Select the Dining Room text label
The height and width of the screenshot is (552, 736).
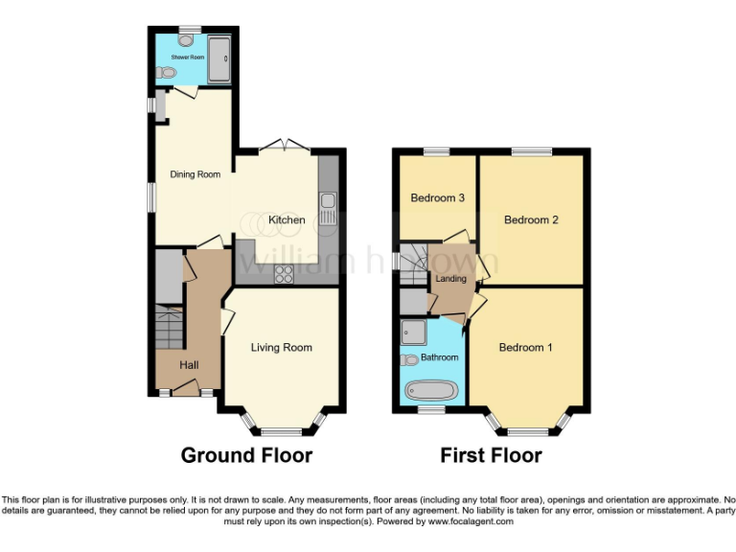click(x=195, y=174)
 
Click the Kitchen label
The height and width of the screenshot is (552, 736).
click(x=287, y=220)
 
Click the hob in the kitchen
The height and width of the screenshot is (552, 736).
click(x=285, y=274)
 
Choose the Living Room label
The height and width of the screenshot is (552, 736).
click(x=282, y=348)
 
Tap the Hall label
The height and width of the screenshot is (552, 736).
click(x=190, y=365)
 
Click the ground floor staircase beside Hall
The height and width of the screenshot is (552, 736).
click(x=169, y=329)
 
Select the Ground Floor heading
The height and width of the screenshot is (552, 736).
click(x=246, y=455)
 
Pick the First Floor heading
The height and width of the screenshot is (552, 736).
click(x=491, y=455)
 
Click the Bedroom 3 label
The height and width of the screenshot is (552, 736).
click(x=438, y=198)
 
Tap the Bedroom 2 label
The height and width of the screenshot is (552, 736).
click(x=531, y=220)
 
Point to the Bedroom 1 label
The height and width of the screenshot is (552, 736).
click(x=525, y=348)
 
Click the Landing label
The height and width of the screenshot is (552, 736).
click(x=451, y=280)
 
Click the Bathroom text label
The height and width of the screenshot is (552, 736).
click(x=440, y=357)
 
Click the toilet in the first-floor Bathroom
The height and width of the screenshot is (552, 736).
click(x=409, y=359)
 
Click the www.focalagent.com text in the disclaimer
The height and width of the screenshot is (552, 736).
click(x=471, y=522)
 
